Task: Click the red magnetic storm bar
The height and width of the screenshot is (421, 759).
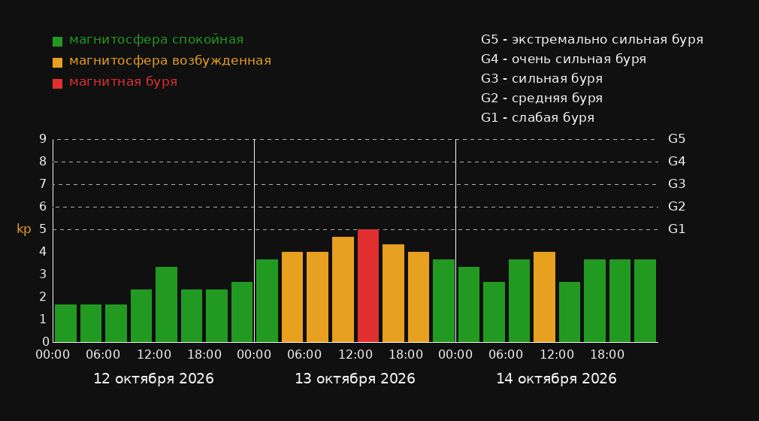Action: tap(368, 286)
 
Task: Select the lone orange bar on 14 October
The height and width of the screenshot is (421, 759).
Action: tap(544, 297)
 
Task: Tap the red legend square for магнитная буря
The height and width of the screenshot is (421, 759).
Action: tap(57, 83)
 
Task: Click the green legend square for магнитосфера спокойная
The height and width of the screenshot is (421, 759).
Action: tap(57, 41)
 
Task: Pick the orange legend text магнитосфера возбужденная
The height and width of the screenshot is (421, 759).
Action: tap(170, 61)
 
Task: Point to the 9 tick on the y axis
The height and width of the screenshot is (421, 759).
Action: tap(43, 139)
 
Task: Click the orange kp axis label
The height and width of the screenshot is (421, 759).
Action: tap(24, 229)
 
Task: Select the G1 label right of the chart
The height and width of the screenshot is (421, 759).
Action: tap(676, 229)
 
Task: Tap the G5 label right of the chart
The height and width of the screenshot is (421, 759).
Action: tap(676, 139)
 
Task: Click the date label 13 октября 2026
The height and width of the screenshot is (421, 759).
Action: tap(355, 379)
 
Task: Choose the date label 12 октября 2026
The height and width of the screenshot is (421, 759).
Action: tap(153, 379)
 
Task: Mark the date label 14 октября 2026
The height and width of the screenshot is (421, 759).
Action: tap(556, 379)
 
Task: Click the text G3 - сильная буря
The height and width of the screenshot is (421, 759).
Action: tap(542, 79)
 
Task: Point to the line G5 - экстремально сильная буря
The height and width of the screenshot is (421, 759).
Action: tap(592, 40)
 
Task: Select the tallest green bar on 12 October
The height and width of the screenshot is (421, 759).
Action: tap(167, 304)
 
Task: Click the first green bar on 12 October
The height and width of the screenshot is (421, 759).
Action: tap(66, 323)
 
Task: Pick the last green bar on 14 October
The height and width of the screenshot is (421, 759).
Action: tap(645, 301)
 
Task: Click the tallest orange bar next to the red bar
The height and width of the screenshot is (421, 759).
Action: tap(343, 289)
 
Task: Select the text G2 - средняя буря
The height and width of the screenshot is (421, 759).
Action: tap(542, 98)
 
